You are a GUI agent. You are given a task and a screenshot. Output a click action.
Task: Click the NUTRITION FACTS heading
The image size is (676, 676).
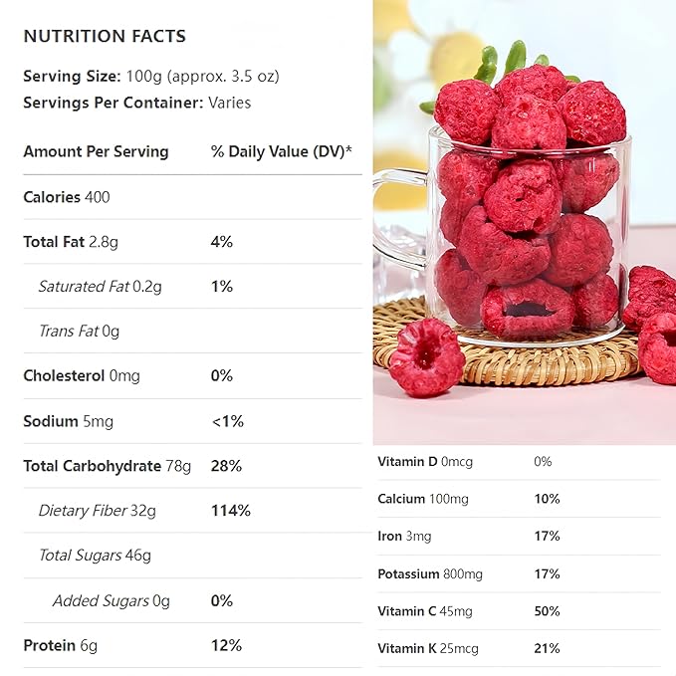tap(105, 37)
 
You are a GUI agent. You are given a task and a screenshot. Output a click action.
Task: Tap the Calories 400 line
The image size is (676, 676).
tap(67, 197)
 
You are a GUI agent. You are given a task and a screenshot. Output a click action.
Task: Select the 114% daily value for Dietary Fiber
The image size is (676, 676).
tap(231, 511)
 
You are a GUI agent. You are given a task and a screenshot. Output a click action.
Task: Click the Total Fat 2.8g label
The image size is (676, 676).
tap(71, 242)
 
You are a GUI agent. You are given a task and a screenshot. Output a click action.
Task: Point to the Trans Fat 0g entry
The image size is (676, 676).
tap(79, 331)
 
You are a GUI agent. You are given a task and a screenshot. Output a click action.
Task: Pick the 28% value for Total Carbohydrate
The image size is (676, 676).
tap(226, 466)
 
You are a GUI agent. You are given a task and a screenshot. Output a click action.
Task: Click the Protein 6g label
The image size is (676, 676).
tap(61, 645)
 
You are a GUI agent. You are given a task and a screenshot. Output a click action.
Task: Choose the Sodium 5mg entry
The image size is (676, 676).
tap(68, 421)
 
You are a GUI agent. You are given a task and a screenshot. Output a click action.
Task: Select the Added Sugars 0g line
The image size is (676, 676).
tap(112, 600)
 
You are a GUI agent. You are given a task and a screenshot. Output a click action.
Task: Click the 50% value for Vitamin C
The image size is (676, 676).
tap(547, 611)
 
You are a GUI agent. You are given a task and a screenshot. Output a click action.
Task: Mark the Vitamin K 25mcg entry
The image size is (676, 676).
tap(428, 649)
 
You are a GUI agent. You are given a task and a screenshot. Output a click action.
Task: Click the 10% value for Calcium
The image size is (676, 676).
tap(547, 499)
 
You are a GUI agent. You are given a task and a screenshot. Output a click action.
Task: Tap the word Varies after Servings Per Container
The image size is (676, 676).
tap(230, 103)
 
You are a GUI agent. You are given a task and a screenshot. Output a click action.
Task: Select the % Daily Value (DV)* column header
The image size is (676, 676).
tap(282, 151)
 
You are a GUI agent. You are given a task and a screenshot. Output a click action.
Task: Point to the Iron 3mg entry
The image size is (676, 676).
tap(404, 537)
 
